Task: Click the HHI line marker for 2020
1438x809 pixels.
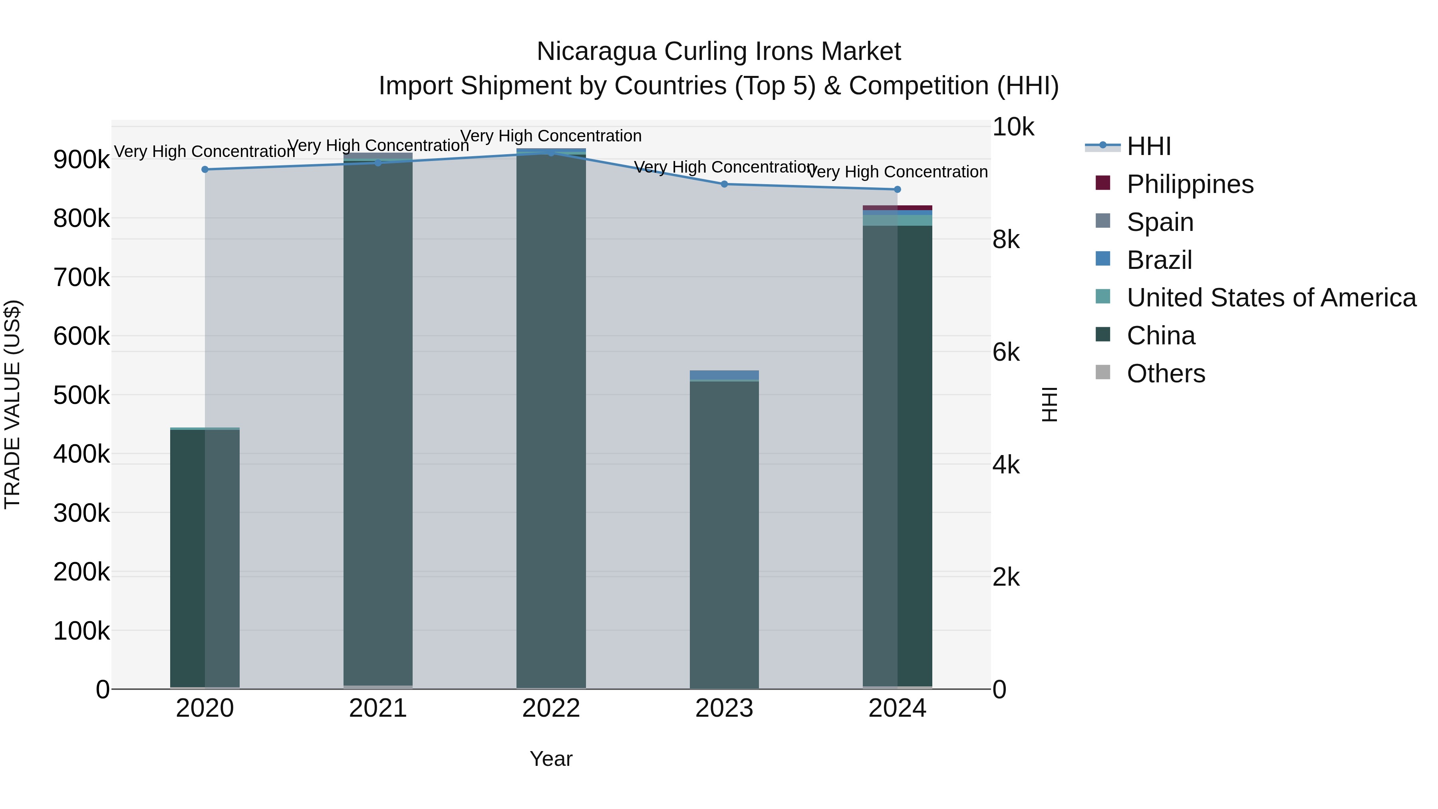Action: [x=205, y=169]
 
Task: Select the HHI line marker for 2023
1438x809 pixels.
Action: [x=724, y=184]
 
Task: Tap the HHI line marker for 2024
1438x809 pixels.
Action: [x=897, y=189]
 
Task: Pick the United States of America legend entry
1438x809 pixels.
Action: [x=1271, y=298]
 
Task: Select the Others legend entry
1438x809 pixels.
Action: [x=1166, y=374]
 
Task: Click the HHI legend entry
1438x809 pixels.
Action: [x=1148, y=146]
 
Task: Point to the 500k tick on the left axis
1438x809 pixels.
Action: [x=81, y=395]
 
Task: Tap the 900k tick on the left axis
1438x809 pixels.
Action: [x=81, y=160]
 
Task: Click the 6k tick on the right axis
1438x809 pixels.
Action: [x=1006, y=352]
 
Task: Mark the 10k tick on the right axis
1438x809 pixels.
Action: [x=1013, y=127]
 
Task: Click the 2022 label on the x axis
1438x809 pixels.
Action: [x=551, y=708]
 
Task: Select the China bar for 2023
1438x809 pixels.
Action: [x=724, y=531]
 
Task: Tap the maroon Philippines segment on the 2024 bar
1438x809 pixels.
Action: [x=897, y=208]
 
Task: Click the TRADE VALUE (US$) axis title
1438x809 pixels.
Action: [x=12, y=404]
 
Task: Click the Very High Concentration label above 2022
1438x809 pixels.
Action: [x=551, y=136]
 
